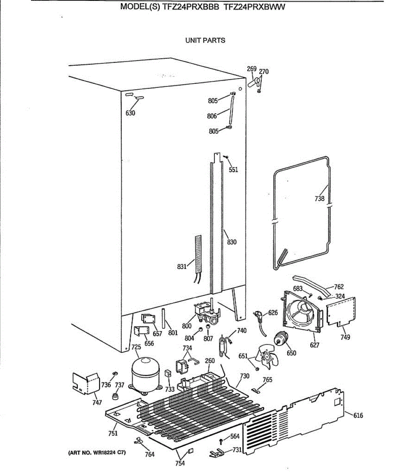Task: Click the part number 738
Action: coord(320,199)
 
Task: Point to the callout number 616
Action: coord(358,415)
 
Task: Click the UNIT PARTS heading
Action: coord(205,40)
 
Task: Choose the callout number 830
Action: coord(232,242)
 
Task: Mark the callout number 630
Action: coord(130,113)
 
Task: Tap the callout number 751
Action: coord(113,433)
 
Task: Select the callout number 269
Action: coord(251,69)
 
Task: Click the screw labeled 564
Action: coord(222,440)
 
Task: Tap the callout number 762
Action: coord(339,287)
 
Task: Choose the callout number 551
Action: coord(233,170)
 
